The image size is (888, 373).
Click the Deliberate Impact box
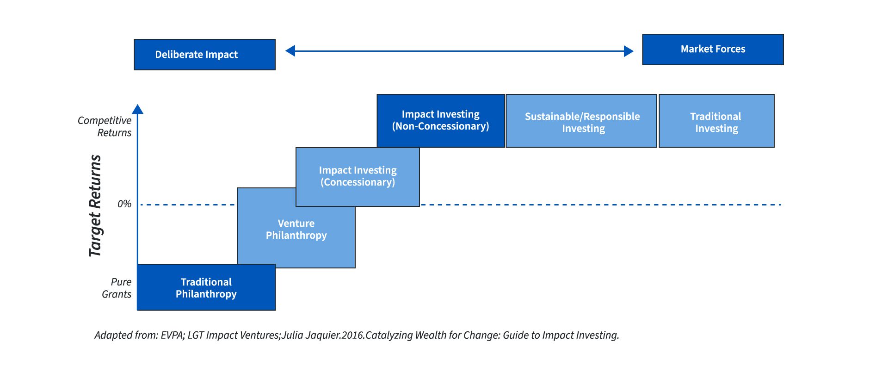pyautogui.click(x=204, y=55)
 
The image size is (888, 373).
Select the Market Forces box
pyautogui.click(x=713, y=50)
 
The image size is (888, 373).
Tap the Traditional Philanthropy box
pyautogui.click(x=206, y=287)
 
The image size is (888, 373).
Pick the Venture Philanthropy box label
pyautogui.click(x=296, y=230)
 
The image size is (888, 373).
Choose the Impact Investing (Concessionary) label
pyautogui.click(x=358, y=176)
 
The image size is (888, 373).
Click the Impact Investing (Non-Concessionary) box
pyautogui.click(x=441, y=121)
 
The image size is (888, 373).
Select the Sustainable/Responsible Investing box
pyautogui.click(x=581, y=121)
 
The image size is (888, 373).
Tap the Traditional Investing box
pyautogui.click(x=716, y=121)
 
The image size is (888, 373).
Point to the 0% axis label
pyautogui.click(x=124, y=204)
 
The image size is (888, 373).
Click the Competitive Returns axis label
pyautogui.click(x=105, y=126)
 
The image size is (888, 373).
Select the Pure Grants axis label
pyautogui.click(x=117, y=288)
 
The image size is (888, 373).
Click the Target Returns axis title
pyautogui.click(x=95, y=205)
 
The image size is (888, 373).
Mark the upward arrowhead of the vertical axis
pyautogui.click(x=137, y=109)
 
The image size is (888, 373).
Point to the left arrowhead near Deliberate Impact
pyautogui.click(x=290, y=51)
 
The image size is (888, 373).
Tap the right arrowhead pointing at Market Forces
pyautogui.click(x=629, y=51)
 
